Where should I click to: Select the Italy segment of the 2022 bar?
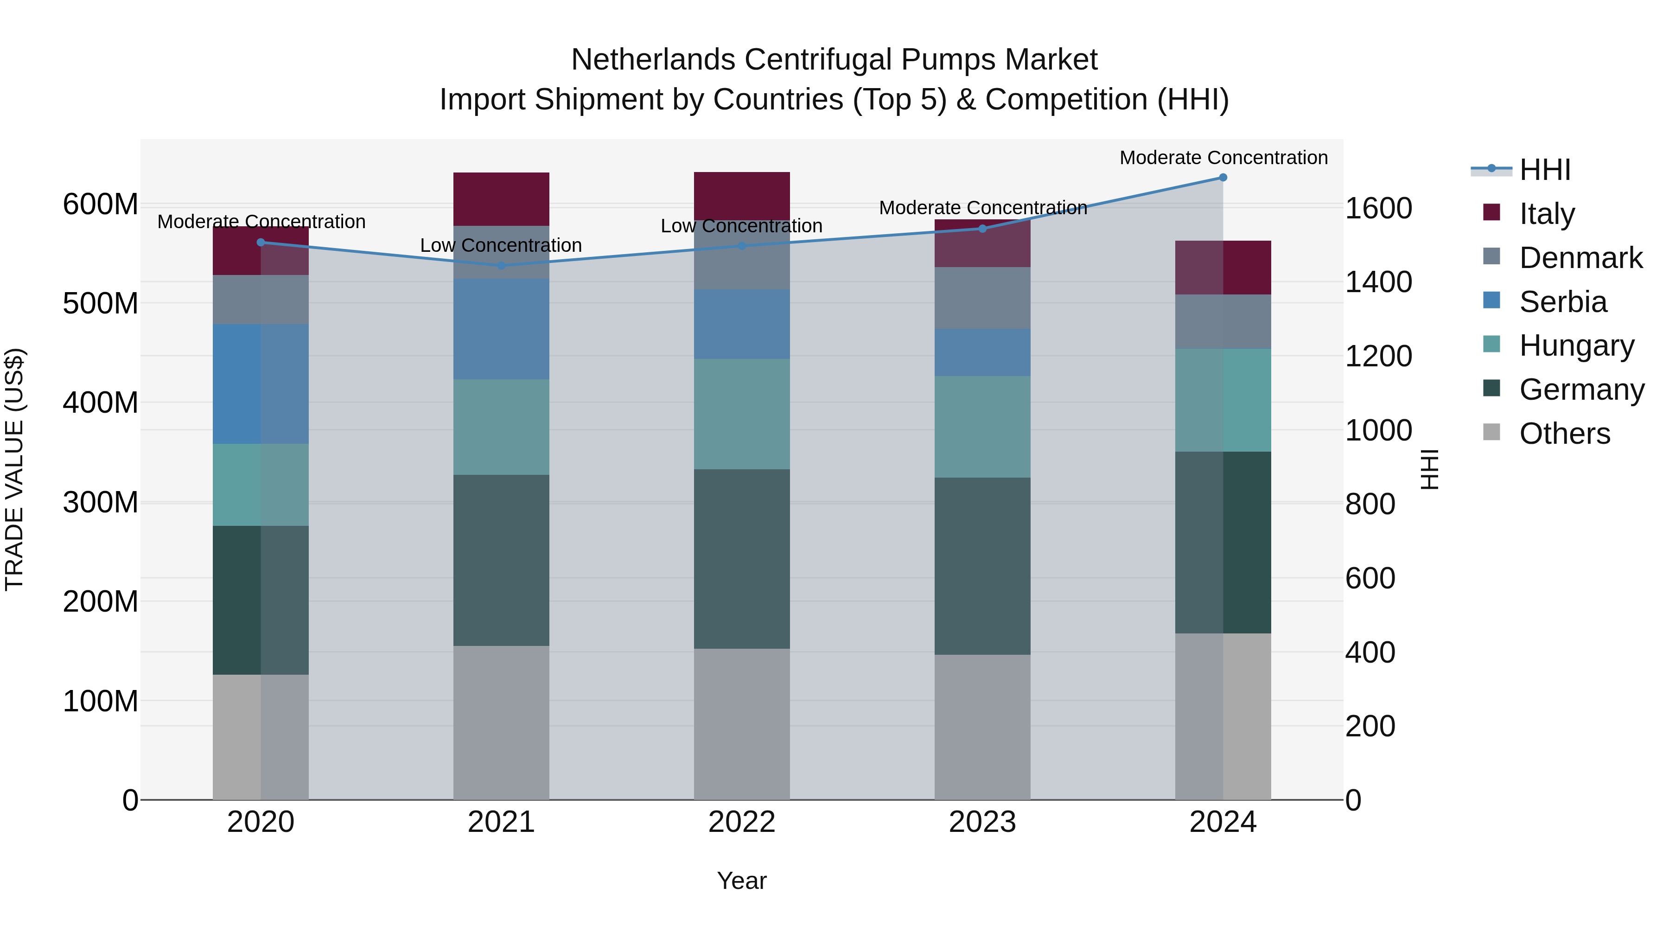coord(741,196)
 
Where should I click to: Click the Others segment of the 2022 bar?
coord(741,724)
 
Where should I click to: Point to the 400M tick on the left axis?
coord(101,402)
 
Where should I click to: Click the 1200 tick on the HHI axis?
coord(1378,357)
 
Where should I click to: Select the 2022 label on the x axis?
coord(741,822)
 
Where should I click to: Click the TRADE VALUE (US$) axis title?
coord(14,469)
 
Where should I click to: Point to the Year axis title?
coord(741,881)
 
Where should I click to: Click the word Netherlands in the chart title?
coord(652,60)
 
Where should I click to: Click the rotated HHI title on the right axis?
coord(1429,469)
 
